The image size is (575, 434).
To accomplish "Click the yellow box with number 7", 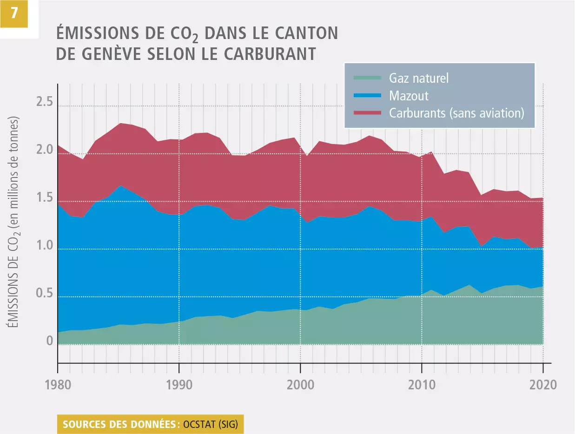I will [13, 13].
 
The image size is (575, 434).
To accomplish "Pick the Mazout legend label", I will [409, 96].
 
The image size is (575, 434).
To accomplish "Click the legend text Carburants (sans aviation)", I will [456, 113].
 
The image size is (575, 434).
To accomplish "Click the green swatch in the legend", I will [367, 78].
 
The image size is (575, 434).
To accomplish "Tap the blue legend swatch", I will [367, 95].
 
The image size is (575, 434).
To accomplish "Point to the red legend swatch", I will [367, 113].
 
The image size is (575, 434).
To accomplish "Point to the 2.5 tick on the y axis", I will [45, 103].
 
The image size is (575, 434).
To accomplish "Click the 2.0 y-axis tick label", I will [45, 151].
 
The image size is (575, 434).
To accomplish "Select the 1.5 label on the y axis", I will [45, 198].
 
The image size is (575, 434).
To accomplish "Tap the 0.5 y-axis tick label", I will [45, 294].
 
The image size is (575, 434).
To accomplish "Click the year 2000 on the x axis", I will [300, 386].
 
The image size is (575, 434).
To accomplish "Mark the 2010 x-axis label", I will [422, 386].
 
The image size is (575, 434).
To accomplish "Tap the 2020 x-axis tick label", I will [543, 386].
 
